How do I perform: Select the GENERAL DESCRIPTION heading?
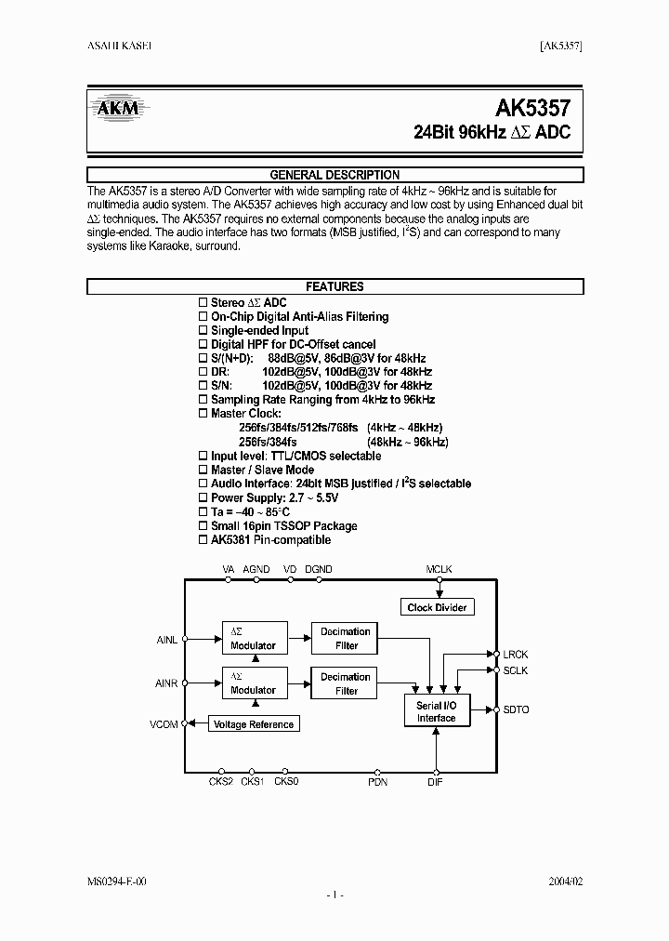(334, 175)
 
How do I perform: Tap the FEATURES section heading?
(334, 287)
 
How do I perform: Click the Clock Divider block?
(439, 607)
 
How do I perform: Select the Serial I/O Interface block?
(436, 711)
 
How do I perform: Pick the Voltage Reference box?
(254, 724)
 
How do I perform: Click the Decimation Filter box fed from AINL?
(346, 638)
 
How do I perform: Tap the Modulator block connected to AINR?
(254, 683)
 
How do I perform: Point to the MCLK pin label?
(439, 568)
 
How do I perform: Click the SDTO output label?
(516, 709)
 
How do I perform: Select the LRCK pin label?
(516, 655)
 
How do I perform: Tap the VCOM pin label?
(164, 723)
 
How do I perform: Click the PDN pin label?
(377, 782)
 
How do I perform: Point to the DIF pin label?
(435, 782)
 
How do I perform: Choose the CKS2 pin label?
(221, 782)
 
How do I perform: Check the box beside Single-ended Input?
(204, 331)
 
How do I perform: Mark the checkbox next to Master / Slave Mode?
(204, 470)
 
